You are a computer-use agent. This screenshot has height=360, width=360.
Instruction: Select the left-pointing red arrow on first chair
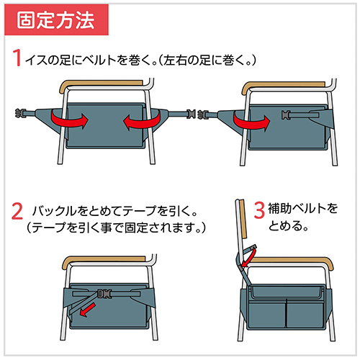pos(138,124)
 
